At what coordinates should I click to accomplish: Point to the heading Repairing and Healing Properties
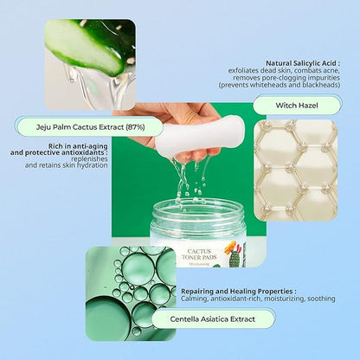click(239, 292)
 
